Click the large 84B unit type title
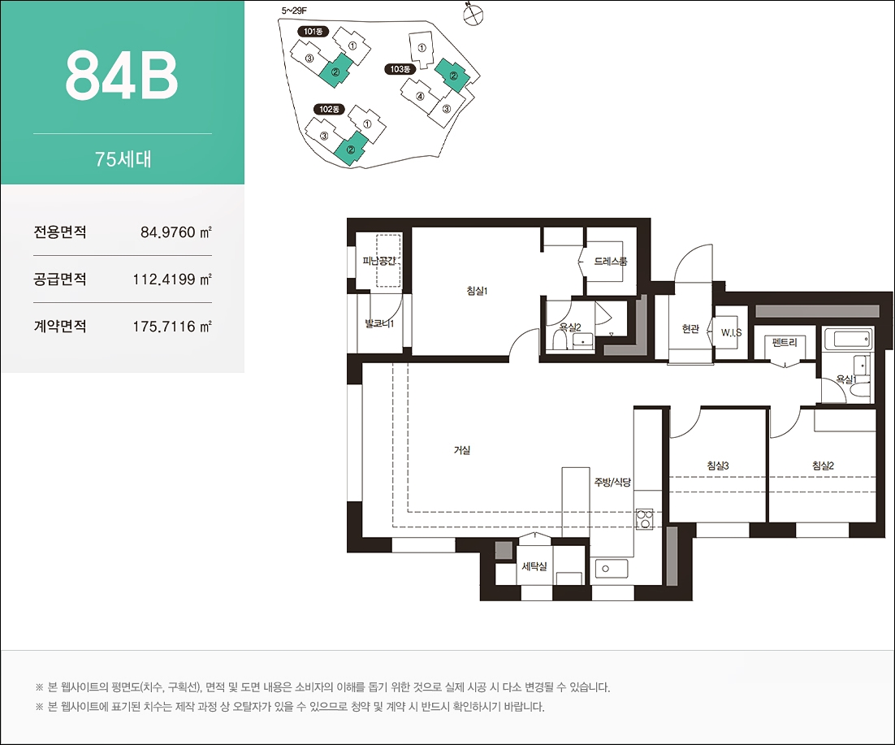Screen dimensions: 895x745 coord(122,76)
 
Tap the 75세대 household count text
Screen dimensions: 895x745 coord(123,158)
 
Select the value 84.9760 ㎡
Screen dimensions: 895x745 coord(175,232)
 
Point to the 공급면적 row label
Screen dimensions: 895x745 coord(60,279)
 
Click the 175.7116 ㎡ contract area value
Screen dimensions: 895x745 coord(172,327)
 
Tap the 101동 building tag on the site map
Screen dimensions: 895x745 coord(313,32)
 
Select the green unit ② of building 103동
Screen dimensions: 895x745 coord(453,76)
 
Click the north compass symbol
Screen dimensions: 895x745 coord(473,15)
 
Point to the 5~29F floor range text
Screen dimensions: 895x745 coord(295,11)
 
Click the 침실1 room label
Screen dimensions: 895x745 coord(477,291)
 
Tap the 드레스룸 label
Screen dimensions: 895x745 coord(610,262)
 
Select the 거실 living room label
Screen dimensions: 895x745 coord(462,450)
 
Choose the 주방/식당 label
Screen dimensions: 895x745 coord(612,483)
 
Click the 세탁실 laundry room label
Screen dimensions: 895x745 coord(534,566)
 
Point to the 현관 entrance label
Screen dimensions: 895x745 coord(690,329)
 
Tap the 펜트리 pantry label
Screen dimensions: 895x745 coord(785,343)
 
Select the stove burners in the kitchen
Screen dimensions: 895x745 coord(644,518)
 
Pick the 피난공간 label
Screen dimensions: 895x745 coord(379,261)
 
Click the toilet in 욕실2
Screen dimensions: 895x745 coord(560,340)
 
